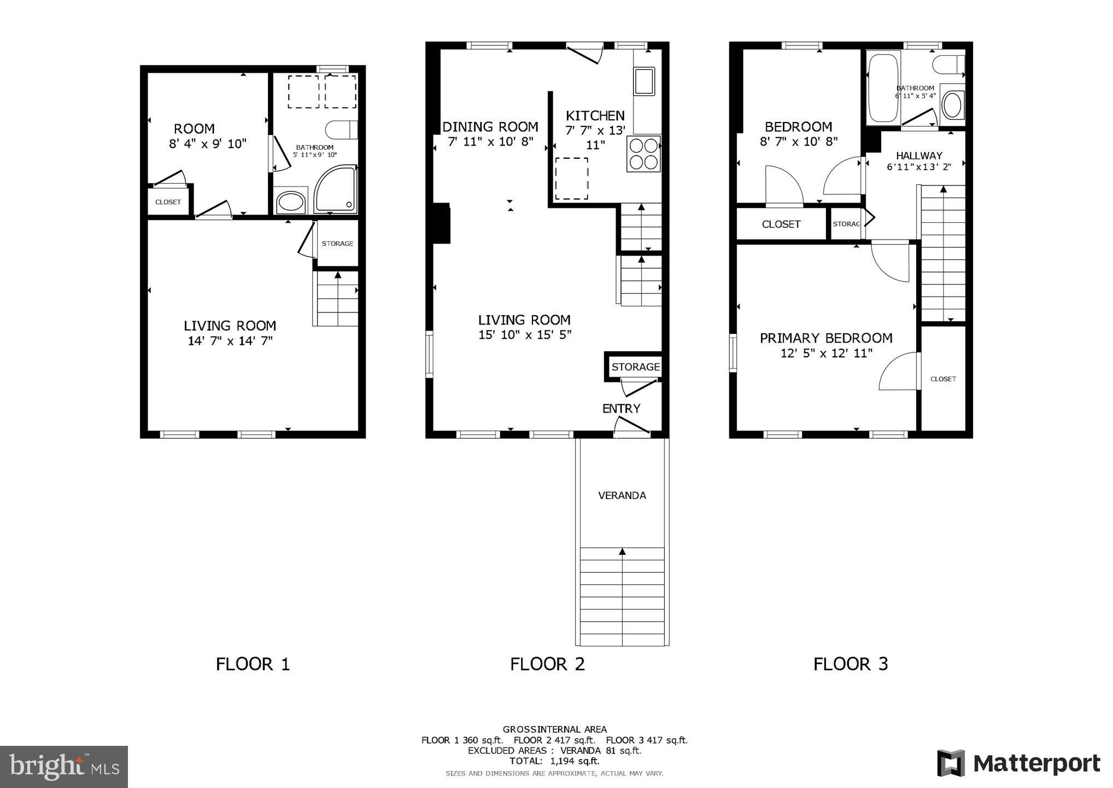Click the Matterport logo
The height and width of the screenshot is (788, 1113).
(x=1019, y=763)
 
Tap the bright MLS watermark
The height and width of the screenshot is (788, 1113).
(x=64, y=767)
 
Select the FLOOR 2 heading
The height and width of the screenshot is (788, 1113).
(x=547, y=664)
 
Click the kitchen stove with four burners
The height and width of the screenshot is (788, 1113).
(x=644, y=153)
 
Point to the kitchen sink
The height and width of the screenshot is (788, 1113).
(x=644, y=81)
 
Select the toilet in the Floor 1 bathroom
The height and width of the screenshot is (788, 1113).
(x=341, y=130)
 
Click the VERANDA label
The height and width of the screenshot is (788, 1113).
(x=622, y=496)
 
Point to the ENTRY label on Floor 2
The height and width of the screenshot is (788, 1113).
(x=621, y=408)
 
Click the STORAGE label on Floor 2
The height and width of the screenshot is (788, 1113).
(x=635, y=367)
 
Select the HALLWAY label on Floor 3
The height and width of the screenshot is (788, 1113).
(x=919, y=156)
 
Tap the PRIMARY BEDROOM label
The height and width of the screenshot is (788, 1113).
(x=826, y=338)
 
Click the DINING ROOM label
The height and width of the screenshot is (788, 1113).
(x=490, y=127)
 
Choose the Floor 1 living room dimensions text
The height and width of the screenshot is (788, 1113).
(x=230, y=341)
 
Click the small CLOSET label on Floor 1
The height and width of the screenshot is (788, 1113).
(x=168, y=202)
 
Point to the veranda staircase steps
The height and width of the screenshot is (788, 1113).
(x=622, y=596)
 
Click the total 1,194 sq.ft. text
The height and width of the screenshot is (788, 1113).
(x=554, y=761)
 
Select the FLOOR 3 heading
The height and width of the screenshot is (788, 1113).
(x=851, y=664)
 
